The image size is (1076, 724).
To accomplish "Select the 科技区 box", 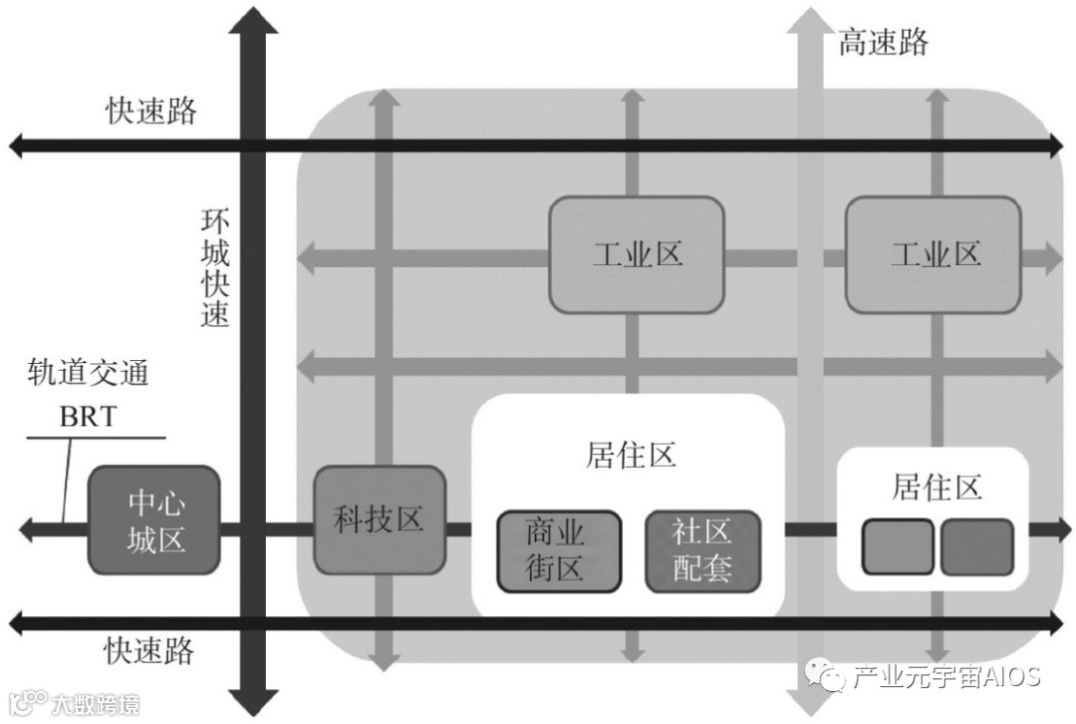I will [x=380, y=520].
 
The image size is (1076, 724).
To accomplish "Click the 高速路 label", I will [x=883, y=43].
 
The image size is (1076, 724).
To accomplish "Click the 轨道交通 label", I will [x=88, y=374].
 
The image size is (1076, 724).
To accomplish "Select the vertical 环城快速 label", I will [x=215, y=267].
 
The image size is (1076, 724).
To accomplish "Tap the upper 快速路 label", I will [x=151, y=111].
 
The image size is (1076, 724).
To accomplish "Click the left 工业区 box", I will [x=637, y=253].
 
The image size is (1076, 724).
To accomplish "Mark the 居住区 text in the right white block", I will [x=937, y=488].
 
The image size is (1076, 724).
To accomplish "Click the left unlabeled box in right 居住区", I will [x=899, y=546].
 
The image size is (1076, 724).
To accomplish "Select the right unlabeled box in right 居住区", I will [x=976, y=546].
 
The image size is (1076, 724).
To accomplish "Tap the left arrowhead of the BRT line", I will [x=30, y=530].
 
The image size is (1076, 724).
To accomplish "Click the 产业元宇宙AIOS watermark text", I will [x=944, y=677].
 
